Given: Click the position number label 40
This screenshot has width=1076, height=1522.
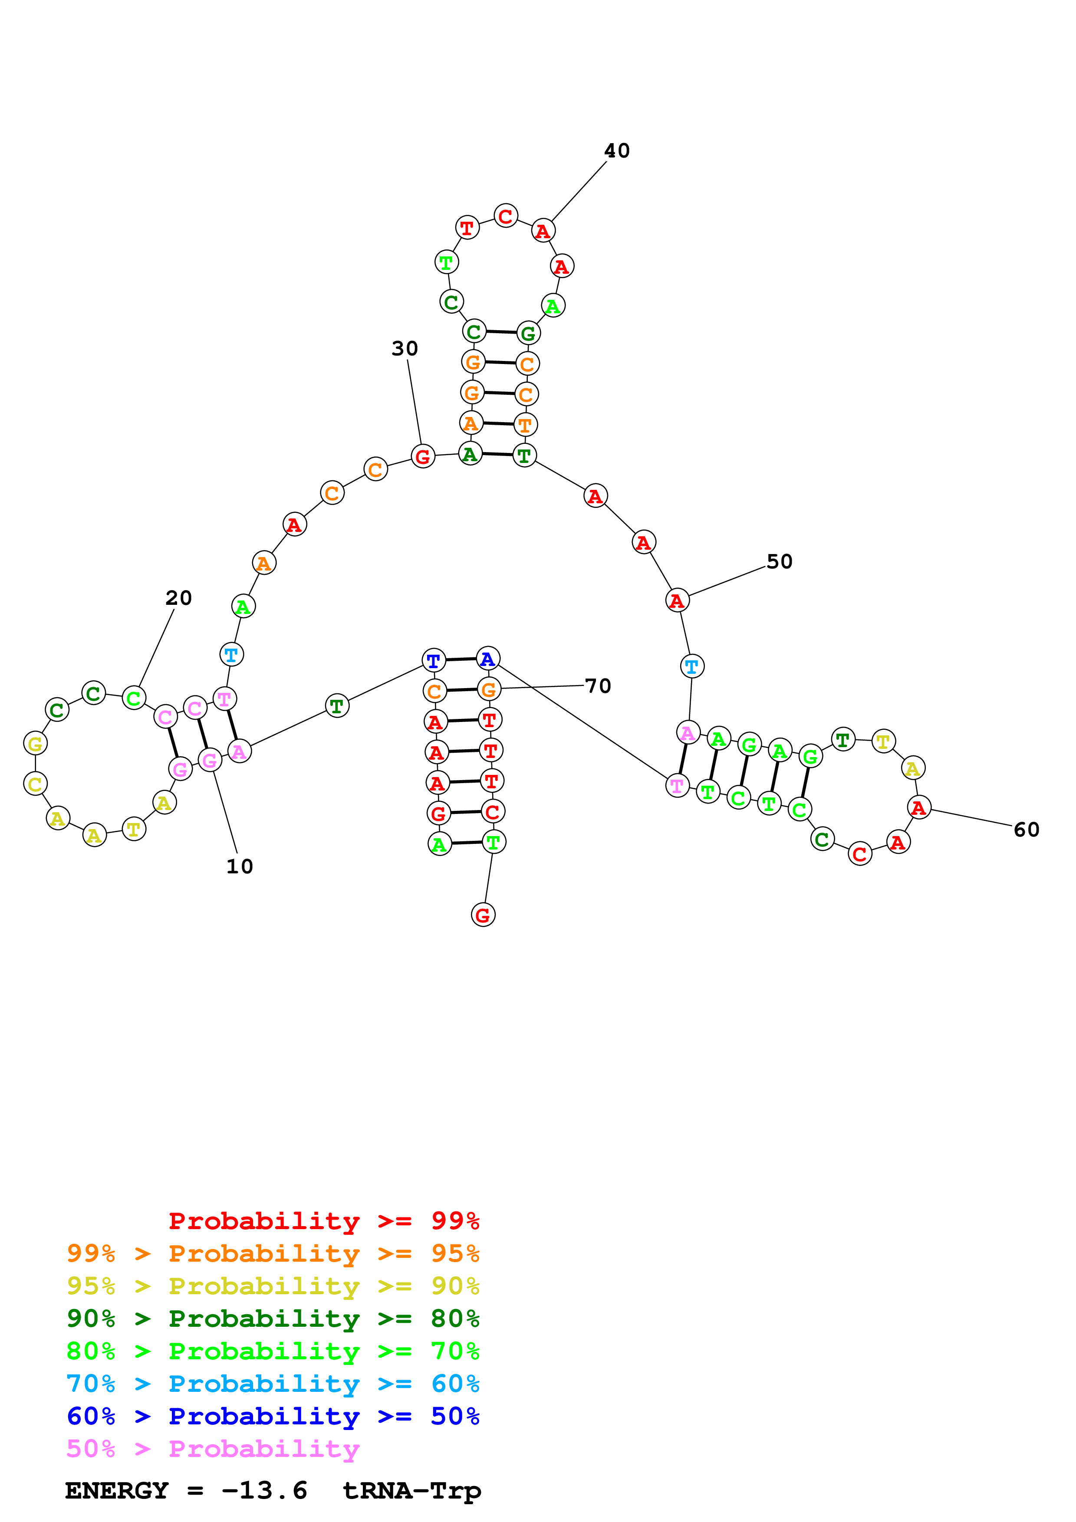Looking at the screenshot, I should [616, 151].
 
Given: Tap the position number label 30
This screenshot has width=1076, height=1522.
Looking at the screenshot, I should [405, 349].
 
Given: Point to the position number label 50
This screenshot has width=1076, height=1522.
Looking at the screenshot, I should [779, 562].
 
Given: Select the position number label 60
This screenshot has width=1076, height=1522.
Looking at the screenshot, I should [1026, 830].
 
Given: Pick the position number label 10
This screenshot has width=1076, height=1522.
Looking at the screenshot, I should [239, 866].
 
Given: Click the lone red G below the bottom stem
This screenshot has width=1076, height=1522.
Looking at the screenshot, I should [483, 915].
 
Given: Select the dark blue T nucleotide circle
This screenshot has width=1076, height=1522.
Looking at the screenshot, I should [434, 661].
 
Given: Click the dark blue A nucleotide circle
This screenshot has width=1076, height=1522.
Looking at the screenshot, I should [488, 659].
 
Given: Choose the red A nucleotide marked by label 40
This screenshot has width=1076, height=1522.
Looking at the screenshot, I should [543, 231].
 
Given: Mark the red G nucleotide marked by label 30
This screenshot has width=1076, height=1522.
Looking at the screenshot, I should [423, 457].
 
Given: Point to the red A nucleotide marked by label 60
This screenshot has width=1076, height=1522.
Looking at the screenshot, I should [918, 808].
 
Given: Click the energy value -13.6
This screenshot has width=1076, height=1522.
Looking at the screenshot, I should [264, 1490].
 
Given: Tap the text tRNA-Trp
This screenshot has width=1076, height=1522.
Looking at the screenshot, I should [411, 1490].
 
